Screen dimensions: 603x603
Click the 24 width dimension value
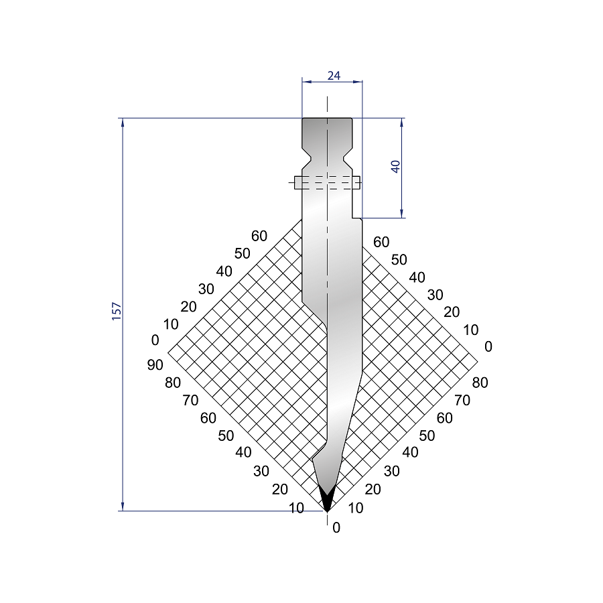coord(334,76)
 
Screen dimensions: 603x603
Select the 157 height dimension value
coord(117,312)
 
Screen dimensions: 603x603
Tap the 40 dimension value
coord(395,167)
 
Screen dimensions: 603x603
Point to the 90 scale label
coord(155,364)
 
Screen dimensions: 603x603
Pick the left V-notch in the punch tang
coord(307,158)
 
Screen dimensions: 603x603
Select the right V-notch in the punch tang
coord(348,158)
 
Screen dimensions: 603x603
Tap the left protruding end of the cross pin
coord(298,183)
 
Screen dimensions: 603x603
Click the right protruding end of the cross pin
coord(356,183)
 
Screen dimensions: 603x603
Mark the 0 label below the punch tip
coord(336,528)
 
